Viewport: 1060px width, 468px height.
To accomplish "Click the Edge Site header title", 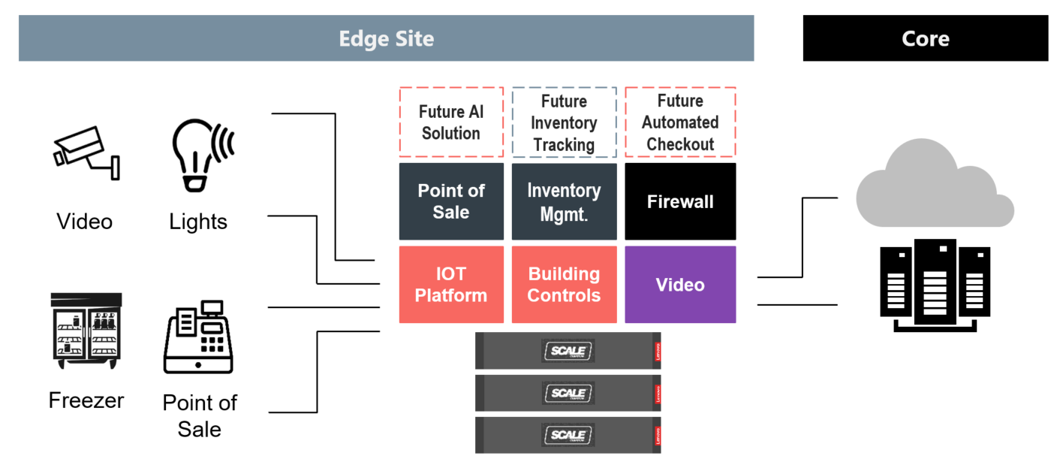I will [x=386, y=39].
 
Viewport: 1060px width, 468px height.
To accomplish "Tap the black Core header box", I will [x=925, y=39].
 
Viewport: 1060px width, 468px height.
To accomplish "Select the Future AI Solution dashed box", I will [x=450, y=122].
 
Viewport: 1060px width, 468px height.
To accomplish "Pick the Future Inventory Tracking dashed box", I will [x=564, y=122].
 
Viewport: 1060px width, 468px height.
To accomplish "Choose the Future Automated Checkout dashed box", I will [x=680, y=122].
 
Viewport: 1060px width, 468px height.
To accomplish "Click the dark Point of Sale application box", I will [x=450, y=201].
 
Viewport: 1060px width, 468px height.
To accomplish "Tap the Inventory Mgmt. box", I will [x=564, y=201].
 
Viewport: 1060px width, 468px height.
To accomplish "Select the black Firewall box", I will [x=680, y=201].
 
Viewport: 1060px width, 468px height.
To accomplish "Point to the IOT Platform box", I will [x=450, y=285].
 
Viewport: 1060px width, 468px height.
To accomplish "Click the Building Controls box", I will [x=564, y=285].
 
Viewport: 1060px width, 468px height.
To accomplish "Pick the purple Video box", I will [x=680, y=285].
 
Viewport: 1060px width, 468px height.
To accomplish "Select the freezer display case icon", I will [x=86, y=331].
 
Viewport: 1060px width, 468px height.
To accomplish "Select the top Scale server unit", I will [x=568, y=350].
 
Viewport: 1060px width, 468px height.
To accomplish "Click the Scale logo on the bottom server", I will [x=568, y=434].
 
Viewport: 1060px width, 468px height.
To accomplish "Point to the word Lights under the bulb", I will [x=198, y=222].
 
